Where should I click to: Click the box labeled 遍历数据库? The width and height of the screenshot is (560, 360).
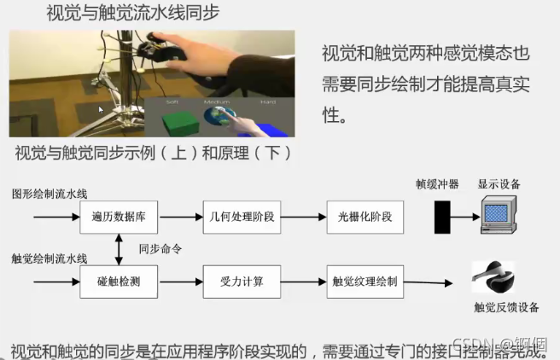[x=119, y=217]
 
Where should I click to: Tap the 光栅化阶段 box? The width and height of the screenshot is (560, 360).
[x=365, y=217]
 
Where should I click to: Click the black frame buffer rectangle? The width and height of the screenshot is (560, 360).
[x=441, y=217]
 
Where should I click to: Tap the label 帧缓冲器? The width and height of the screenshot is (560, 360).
[x=432, y=184]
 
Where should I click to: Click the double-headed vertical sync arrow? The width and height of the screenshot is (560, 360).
[x=120, y=249]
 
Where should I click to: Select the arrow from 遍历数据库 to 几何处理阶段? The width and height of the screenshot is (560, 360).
[x=179, y=217]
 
